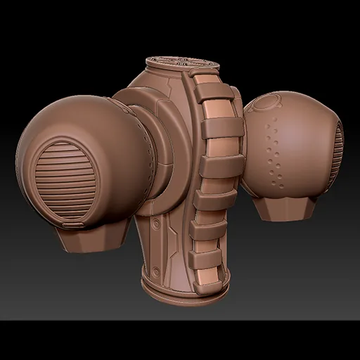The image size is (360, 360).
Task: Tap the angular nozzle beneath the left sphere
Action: (92, 239)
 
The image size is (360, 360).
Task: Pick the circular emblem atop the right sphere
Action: (266, 104)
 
